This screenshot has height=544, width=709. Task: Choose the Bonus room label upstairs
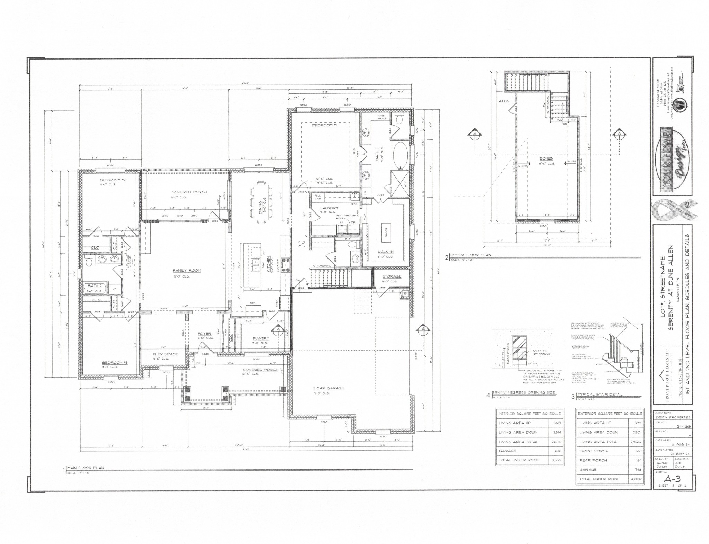[545, 158]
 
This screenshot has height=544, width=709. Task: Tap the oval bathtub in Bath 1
[401, 154]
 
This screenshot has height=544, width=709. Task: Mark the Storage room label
[392, 276]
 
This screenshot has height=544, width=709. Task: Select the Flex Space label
[165, 354]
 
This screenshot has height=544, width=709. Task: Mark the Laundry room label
[329, 208]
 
